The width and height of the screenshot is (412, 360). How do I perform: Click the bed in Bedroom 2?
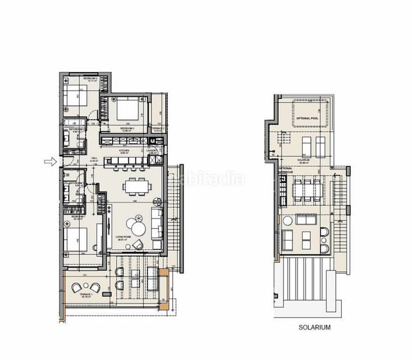(127, 109)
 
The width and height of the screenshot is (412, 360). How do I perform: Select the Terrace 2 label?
(158, 129)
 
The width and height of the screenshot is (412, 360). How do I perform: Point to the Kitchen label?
(125, 152)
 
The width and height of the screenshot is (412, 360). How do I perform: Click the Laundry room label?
(152, 151)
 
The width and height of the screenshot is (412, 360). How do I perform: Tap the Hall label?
(94, 160)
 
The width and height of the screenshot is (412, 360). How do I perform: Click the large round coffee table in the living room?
(139, 229)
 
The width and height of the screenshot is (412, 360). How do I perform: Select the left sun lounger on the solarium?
(305, 145)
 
